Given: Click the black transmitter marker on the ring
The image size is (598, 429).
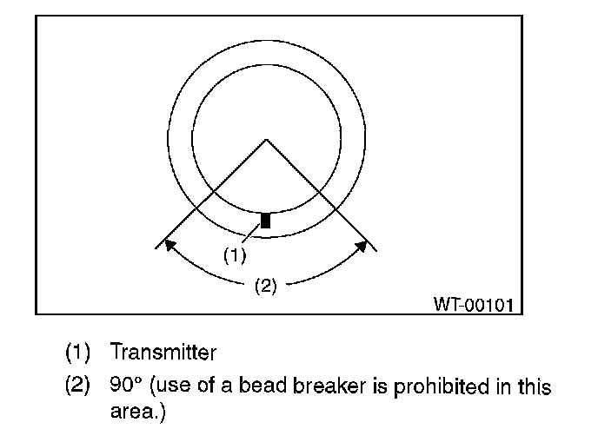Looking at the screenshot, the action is coord(266,220).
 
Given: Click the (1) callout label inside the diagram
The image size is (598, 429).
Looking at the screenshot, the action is coord(236,256).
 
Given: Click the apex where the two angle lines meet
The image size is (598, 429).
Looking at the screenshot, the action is coord(266,140).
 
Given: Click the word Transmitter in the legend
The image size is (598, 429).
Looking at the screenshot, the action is coord(163,353).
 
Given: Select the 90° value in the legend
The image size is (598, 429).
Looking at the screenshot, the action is coord(126,386).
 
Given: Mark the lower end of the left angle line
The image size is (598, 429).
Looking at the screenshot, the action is coord(157,248).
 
